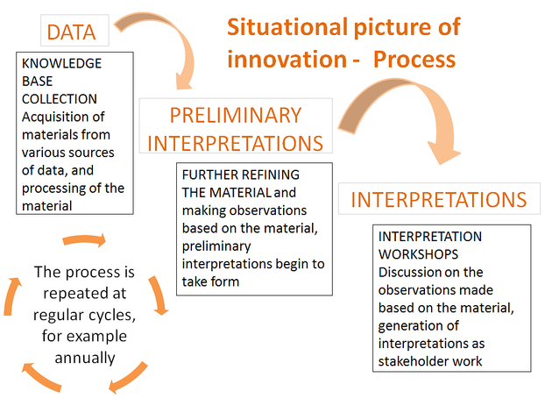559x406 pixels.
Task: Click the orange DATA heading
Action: pyautogui.click(x=71, y=32)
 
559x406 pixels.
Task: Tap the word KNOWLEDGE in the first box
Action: pyautogui.click(x=61, y=63)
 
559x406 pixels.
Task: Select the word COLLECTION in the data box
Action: pyautogui.click(x=60, y=99)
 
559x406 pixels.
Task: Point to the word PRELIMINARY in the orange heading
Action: pyautogui.click(x=236, y=115)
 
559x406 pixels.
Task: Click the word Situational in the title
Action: pyautogui.click(x=287, y=27)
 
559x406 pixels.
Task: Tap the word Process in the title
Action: pyautogui.click(x=414, y=60)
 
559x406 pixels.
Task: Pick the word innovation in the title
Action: pyautogui.click(x=287, y=60)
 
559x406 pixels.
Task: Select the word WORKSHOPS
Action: pyautogui.click(x=418, y=254)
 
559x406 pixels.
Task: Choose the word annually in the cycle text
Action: pyautogui.click(x=85, y=358)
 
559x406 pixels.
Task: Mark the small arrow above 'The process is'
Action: pyautogui.click(x=84, y=239)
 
